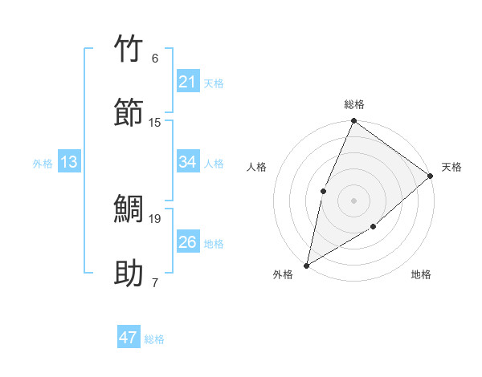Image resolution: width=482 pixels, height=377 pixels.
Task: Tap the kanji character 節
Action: [x=130, y=112]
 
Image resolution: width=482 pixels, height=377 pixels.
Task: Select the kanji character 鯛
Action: [x=130, y=209]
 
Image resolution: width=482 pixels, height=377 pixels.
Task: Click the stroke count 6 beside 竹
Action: [x=155, y=59]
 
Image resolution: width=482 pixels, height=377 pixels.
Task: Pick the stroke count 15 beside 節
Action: [x=155, y=122]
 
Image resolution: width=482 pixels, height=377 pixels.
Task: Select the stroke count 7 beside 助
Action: [x=155, y=282]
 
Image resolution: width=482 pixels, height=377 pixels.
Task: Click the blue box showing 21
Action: [x=188, y=82]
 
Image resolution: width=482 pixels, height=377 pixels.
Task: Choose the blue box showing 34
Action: [x=188, y=162]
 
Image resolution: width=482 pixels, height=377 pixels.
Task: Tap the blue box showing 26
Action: [x=188, y=242]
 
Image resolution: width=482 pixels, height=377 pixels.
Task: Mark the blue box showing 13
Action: [x=69, y=162]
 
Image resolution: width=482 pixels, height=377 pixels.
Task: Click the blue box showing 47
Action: [x=129, y=338]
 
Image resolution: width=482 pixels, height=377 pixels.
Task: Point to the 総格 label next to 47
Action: [x=154, y=339]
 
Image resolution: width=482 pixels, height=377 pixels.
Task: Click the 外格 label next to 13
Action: [x=43, y=164]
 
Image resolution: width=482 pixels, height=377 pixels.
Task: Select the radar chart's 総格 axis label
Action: [x=354, y=105]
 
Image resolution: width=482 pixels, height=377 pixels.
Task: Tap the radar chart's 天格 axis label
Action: [x=451, y=167]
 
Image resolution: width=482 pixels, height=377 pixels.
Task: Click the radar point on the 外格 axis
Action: [x=306, y=265]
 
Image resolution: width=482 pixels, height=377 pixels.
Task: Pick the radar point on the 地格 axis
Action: [x=374, y=227]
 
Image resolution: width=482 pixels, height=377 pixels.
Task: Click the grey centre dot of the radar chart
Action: [x=353, y=200]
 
